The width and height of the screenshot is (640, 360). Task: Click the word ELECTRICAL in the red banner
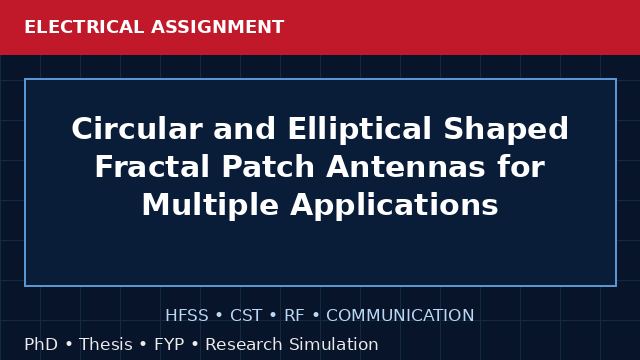pos(84,27)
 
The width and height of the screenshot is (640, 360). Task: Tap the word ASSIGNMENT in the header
pos(218,27)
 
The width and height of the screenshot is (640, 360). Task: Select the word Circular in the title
pos(137,129)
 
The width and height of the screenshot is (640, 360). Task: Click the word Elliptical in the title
pos(360,129)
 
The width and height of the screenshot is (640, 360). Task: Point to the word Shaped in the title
pos(506,129)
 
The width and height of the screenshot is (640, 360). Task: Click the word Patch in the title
pos(268,167)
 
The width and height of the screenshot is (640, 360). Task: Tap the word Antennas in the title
pos(406,167)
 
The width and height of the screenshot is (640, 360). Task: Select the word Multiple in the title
pos(210,204)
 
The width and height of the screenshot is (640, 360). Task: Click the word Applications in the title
pos(394,204)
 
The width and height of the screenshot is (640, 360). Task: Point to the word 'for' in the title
pos(521,167)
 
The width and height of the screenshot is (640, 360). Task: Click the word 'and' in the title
pos(245,129)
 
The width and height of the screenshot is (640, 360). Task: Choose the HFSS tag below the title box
pos(187,316)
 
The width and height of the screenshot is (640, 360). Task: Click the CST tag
pos(246,316)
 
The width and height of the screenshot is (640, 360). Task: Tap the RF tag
pos(294,316)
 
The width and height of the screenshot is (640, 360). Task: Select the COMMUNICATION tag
pos(400,316)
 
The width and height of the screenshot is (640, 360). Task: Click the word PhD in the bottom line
pos(41,344)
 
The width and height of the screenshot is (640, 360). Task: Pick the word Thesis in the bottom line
pos(106,344)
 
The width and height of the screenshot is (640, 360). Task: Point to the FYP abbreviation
pos(169,344)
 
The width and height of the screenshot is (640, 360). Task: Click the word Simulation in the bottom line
pos(334,344)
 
